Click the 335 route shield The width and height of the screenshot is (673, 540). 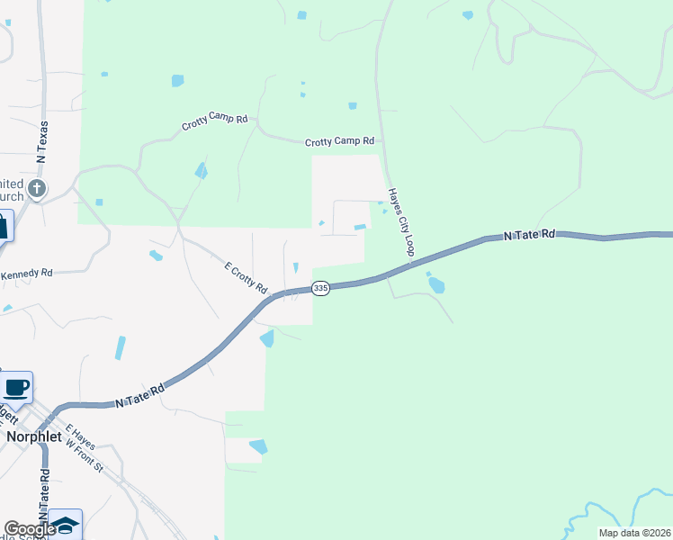tap(319, 288)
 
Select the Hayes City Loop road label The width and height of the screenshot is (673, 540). tap(399, 221)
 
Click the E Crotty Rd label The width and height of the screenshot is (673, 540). tap(247, 278)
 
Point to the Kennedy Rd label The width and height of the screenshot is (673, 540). tap(27, 273)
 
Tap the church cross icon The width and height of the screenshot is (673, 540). tap(36, 189)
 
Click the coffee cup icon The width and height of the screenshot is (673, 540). tap(16, 388)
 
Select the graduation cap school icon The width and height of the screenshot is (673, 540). tap(65, 525)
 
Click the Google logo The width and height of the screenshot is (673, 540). tap(29, 529)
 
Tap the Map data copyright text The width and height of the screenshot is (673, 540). tap(634, 533)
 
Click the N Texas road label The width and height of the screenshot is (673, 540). tap(41, 141)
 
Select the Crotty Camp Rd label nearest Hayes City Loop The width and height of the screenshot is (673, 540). tap(340, 141)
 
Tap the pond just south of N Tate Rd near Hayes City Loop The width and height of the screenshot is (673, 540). tap(436, 285)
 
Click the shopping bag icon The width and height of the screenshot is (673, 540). tap(3, 226)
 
